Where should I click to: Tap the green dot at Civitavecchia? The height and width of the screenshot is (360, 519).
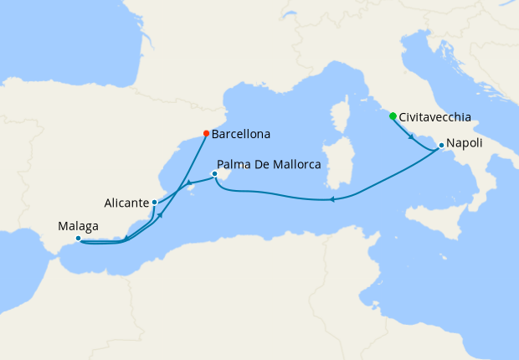click(393, 116)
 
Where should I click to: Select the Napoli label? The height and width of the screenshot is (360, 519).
click(465, 143)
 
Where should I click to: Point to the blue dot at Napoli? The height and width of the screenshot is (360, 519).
click(441, 147)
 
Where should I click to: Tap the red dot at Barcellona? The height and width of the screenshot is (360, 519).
click(207, 132)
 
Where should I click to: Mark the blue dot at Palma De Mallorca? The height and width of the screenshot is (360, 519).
click(215, 174)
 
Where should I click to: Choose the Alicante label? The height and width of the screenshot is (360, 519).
click(127, 203)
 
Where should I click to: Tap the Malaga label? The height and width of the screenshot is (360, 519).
click(79, 226)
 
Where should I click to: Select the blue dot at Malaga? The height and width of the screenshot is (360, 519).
click(78, 239)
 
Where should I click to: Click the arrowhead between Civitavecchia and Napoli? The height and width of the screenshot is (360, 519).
click(411, 136)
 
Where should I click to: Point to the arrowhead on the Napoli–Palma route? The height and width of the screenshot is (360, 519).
click(332, 199)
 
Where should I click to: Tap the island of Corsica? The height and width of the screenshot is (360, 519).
click(341, 115)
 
